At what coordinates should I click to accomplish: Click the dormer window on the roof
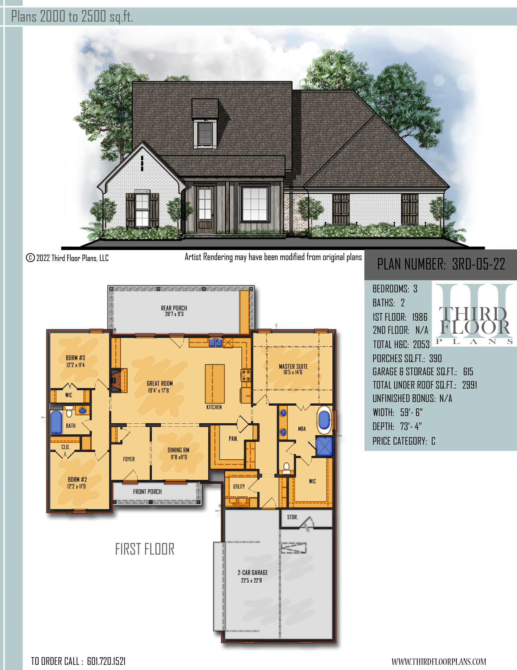[x=205, y=133]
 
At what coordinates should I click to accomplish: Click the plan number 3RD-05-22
[x=478, y=264]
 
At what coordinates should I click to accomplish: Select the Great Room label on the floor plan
[x=160, y=383]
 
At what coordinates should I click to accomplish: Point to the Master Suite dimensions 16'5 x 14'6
[x=293, y=372]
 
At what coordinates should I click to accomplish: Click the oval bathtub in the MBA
[x=324, y=420]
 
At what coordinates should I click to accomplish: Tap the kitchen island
[x=215, y=384]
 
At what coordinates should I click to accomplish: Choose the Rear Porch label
[x=174, y=308]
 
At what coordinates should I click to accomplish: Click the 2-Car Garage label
[x=253, y=573]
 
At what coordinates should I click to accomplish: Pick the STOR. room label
[x=292, y=517]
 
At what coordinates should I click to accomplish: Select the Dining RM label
[x=178, y=450]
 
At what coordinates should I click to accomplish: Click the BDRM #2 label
[x=77, y=479]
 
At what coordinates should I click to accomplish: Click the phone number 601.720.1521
[x=106, y=661]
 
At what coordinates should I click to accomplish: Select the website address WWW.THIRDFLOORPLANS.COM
[x=439, y=661]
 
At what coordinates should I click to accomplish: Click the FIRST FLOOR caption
[x=144, y=549]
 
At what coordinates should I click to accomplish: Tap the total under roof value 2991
[x=470, y=385]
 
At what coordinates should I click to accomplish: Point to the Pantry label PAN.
[x=233, y=439]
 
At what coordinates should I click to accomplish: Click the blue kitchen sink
[x=215, y=343]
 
